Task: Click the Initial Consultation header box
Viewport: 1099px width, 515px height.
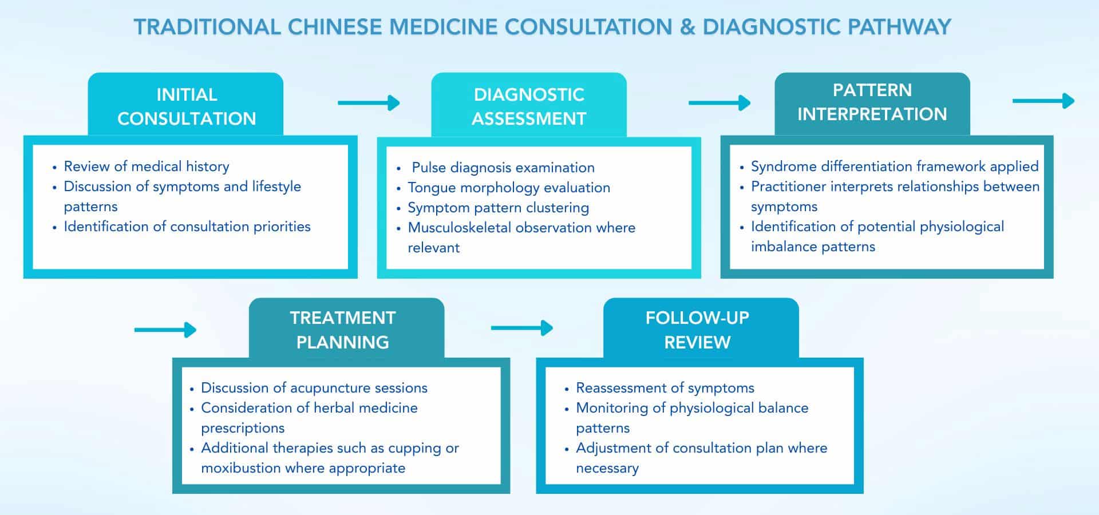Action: (x=185, y=106)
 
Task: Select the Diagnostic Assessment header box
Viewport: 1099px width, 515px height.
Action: (x=529, y=106)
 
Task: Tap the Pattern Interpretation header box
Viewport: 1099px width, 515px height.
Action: (x=872, y=103)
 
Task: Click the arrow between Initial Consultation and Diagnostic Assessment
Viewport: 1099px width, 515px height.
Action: (x=369, y=103)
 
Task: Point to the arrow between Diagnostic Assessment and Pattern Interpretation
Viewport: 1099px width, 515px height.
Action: (x=719, y=103)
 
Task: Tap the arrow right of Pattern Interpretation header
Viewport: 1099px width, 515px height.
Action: (x=1043, y=101)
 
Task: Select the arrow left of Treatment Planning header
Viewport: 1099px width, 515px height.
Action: (x=165, y=330)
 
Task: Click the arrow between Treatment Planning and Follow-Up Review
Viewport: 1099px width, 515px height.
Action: (x=521, y=328)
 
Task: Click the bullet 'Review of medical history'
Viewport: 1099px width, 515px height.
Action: (x=147, y=167)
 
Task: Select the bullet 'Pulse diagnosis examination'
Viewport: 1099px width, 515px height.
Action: (x=503, y=168)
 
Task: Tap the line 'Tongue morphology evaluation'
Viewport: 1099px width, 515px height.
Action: (x=508, y=188)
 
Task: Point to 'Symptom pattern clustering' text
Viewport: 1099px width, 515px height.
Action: (x=498, y=208)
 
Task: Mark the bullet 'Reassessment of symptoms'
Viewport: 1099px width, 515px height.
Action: (x=665, y=388)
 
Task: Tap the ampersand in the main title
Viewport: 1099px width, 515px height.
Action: (x=687, y=27)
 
